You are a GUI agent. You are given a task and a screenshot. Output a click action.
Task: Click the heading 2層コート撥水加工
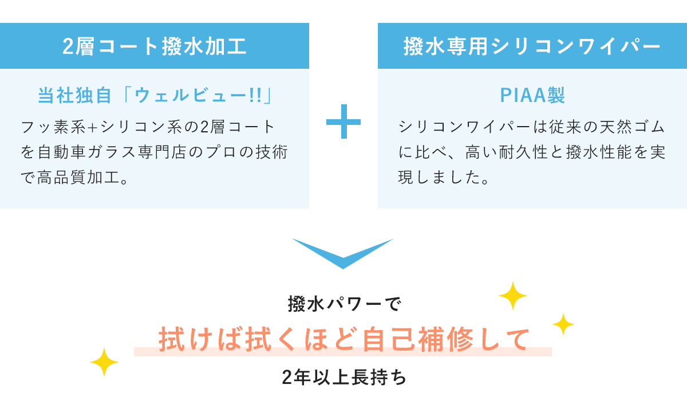coord(155,46)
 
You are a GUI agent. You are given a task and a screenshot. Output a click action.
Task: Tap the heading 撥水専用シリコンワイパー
coord(532,46)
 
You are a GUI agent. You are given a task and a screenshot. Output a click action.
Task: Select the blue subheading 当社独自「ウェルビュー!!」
coord(155,95)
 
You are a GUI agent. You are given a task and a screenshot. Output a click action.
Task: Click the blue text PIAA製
coord(532,95)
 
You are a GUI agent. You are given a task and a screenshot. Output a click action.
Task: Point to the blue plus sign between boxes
coord(343,121)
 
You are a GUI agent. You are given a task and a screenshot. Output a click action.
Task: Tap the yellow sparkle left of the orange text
coord(104,362)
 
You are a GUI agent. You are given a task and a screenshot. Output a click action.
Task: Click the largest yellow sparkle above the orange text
coord(513,296)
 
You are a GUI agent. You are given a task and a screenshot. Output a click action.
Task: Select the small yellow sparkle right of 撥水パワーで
coord(563,324)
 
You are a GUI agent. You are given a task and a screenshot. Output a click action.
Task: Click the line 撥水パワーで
coord(344,304)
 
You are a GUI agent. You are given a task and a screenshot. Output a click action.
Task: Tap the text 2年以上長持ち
coord(344,377)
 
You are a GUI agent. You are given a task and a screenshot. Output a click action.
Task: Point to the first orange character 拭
coord(172,339)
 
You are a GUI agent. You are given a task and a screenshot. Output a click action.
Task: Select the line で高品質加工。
coord(74,178)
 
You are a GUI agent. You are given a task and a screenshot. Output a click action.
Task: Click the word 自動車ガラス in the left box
coord(86,152)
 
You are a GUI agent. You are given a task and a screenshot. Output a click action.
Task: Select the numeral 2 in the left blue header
coord(68,47)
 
